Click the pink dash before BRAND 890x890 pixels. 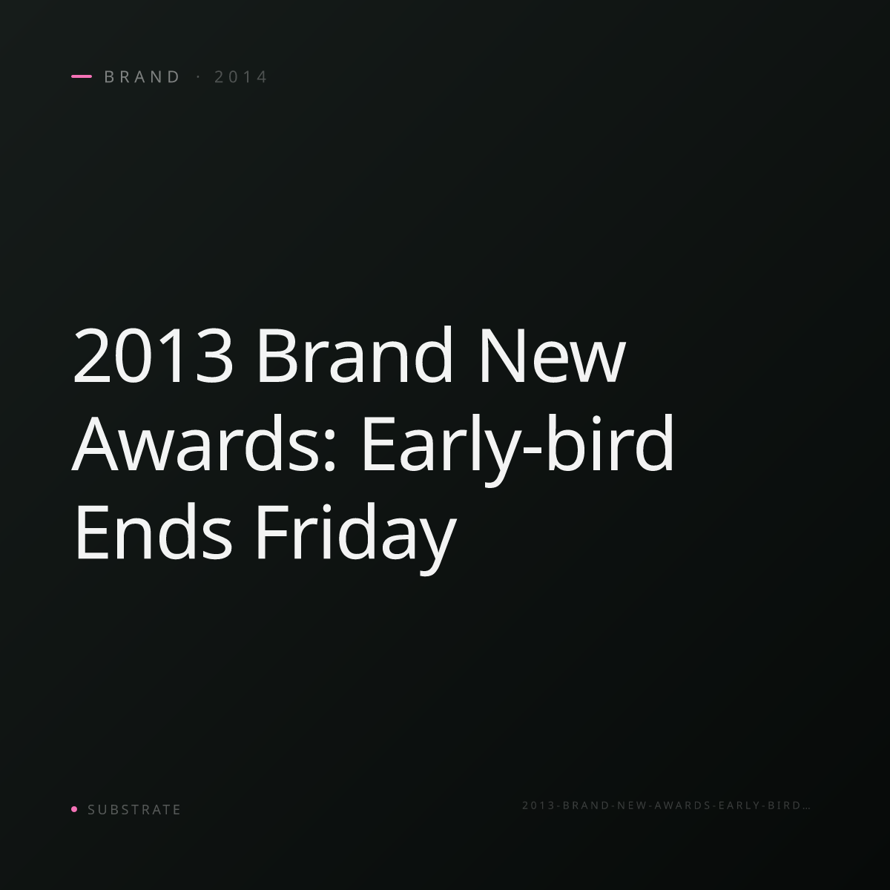point(82,76)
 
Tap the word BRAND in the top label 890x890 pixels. point(142,77)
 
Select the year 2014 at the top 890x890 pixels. point(240,77)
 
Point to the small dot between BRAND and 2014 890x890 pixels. point(199,77)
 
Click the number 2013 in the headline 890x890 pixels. point(153,356)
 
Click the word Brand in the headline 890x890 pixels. point(355,355)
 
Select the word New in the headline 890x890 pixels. point(553,356)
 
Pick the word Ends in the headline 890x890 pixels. point(154,531)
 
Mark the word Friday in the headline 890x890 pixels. point(356,538)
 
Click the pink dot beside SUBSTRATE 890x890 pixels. point(74,808)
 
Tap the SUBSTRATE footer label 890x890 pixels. point(134,810)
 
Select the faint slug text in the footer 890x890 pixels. point(666,805)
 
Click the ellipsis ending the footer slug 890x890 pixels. point(806,808)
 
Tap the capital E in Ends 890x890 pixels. point(91,533)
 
